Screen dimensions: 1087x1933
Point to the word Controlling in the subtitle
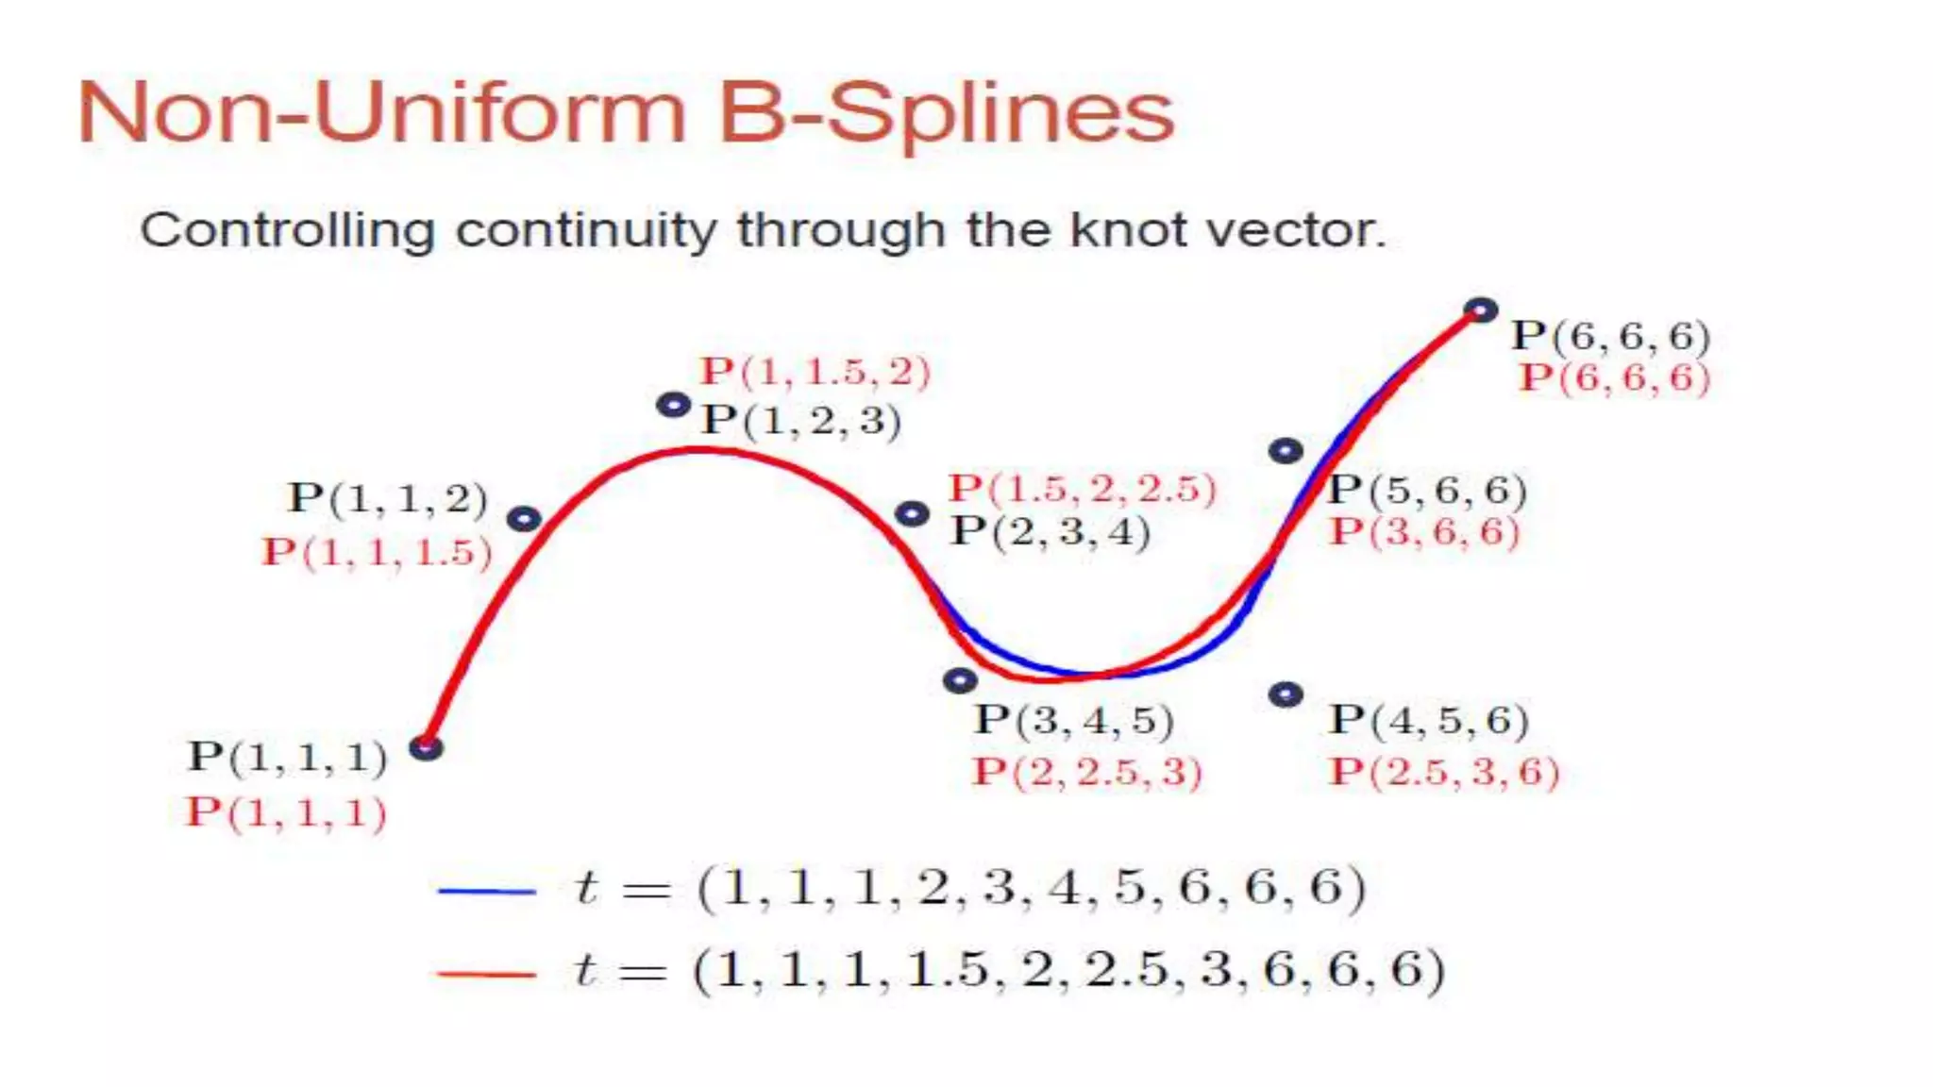pyautogui.click(x=287, y=230)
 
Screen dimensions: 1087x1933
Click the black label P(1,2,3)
pyautogui.click(x=800, y=421)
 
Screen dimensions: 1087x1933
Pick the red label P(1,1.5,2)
pyautogui.click(x=815, y=372)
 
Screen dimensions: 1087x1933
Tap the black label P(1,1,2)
pyautogui.click(x=387, y=498)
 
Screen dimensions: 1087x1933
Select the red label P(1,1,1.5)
pyautogui.click(x=377, y=552)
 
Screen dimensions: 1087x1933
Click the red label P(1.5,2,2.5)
pyautogui.click(x=1083, y=489)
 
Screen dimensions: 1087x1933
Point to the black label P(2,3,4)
pyautogui.click(x=1050, y=532)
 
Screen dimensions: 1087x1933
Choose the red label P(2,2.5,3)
pyautogui.click(x=1086, y=772)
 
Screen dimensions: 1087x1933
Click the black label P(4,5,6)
pyautogui.click(x=1428, y=721)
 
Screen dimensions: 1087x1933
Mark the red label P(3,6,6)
pyautogui.click(x=1424, y=532)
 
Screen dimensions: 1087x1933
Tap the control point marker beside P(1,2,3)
pyautogui.click(x=673, y=406)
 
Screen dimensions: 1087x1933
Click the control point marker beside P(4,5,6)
pyautogui.click(x=1286, y=695)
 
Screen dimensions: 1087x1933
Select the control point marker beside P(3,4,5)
pyautogui.click(x=960, y=680)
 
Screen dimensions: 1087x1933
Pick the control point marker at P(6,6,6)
pyautogui.click(x=1481, y=309)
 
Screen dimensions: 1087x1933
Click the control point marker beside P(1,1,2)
pyautogui.click(x=524, y=518)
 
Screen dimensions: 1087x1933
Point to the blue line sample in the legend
pyautogui.click(x=486, y=891)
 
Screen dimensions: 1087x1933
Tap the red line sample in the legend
pyautogui.click(x=486, y=973)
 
